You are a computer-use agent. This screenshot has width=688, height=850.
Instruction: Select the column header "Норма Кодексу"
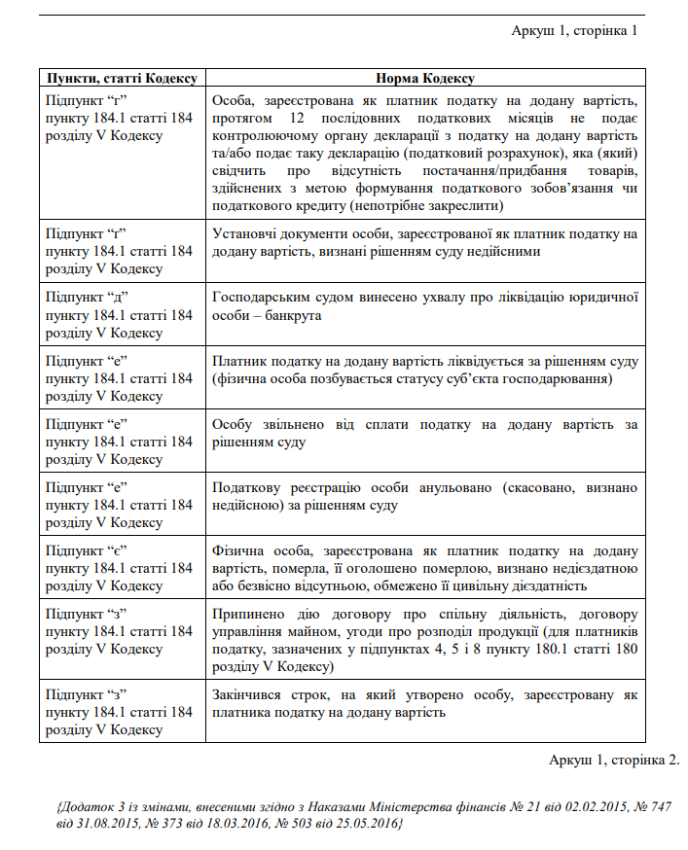(424, 78)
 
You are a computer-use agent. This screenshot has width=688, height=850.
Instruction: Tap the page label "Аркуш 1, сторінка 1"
(574, 30)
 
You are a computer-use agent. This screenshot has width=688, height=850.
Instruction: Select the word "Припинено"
(243, 615)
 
